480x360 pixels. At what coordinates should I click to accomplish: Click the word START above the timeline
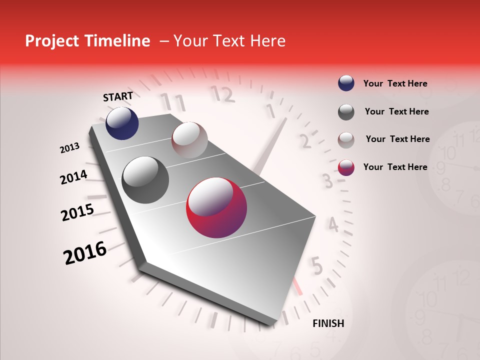118,96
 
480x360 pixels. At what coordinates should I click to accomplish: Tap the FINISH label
328,323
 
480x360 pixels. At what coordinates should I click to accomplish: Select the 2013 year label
69,148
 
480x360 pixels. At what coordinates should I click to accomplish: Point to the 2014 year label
73,177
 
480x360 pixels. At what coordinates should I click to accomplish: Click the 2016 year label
85,253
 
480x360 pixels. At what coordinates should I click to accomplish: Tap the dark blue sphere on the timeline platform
122,123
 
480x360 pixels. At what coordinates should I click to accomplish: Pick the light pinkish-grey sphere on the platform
189,140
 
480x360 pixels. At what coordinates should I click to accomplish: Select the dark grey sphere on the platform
145,180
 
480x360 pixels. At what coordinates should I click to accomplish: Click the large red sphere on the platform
216,207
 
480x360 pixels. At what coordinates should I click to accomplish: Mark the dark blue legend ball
346,83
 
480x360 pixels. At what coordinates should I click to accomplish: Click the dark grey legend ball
346,112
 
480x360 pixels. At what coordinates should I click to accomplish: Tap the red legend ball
346,167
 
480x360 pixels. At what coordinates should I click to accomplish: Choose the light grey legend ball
346,139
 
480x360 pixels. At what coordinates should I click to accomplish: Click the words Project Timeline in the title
87,41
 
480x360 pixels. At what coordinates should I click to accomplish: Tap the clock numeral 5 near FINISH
316,266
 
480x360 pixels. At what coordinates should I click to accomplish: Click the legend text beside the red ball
395,167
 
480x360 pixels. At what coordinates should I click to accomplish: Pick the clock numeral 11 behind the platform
172,102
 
